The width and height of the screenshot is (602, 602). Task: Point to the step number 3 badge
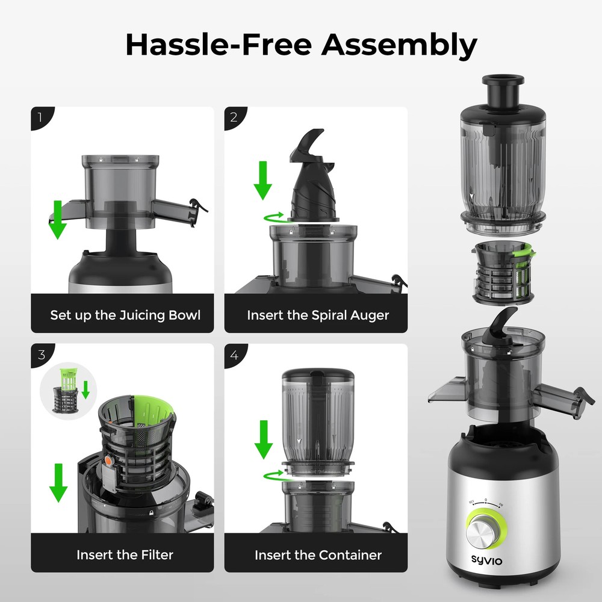[40, 354]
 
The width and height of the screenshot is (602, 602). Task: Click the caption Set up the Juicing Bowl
[125, 315]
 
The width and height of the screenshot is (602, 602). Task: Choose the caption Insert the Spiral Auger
[318, 315]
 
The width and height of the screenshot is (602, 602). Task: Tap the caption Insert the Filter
[125, 554]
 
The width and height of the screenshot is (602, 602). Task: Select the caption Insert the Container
[318, 554]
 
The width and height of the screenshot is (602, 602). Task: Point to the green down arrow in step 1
[58, 220]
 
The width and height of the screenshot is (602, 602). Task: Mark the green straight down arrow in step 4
[263, 439]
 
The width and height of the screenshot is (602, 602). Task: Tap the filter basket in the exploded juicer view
[504, 272]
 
